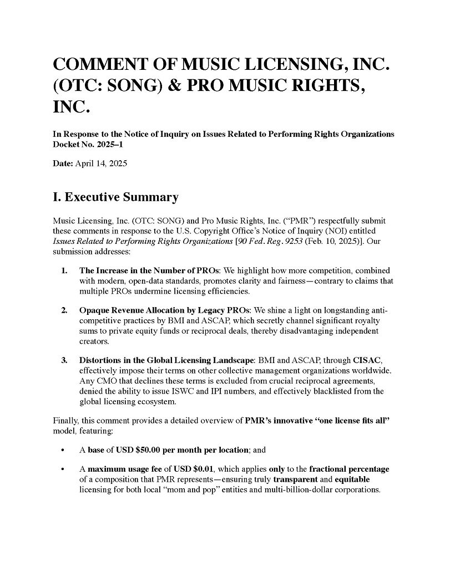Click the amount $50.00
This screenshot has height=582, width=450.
[149, 450]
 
